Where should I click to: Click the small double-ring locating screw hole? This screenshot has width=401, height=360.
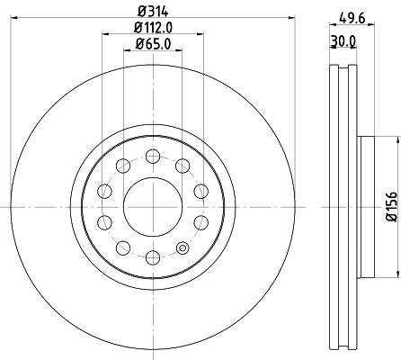183,247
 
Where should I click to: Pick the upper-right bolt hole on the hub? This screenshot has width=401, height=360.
183,164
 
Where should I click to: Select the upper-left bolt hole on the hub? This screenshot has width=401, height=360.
121,164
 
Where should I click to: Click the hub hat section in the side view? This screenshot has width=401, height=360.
365,205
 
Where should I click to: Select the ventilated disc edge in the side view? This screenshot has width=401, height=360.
341,205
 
